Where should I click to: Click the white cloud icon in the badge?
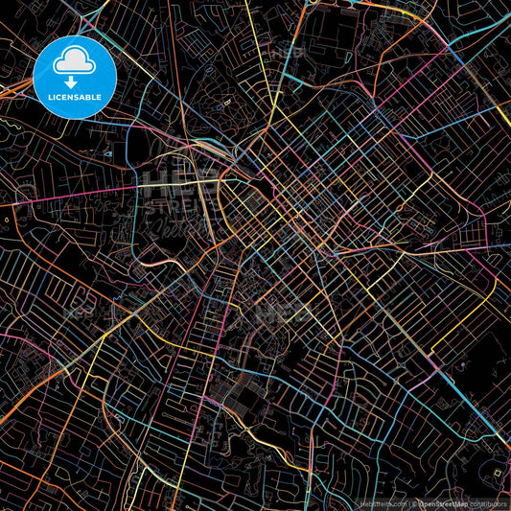[75, 62]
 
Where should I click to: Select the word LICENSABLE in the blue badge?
[75, 98]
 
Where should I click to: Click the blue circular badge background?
[48, 77]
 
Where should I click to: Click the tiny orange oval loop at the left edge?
[6, 220]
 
